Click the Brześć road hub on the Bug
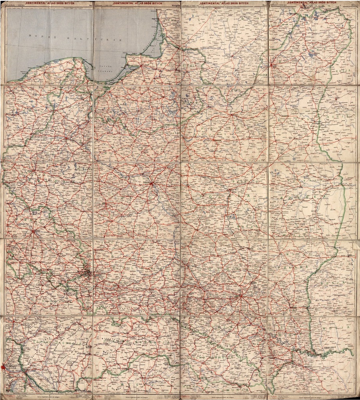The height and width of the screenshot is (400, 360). [230, 190]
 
